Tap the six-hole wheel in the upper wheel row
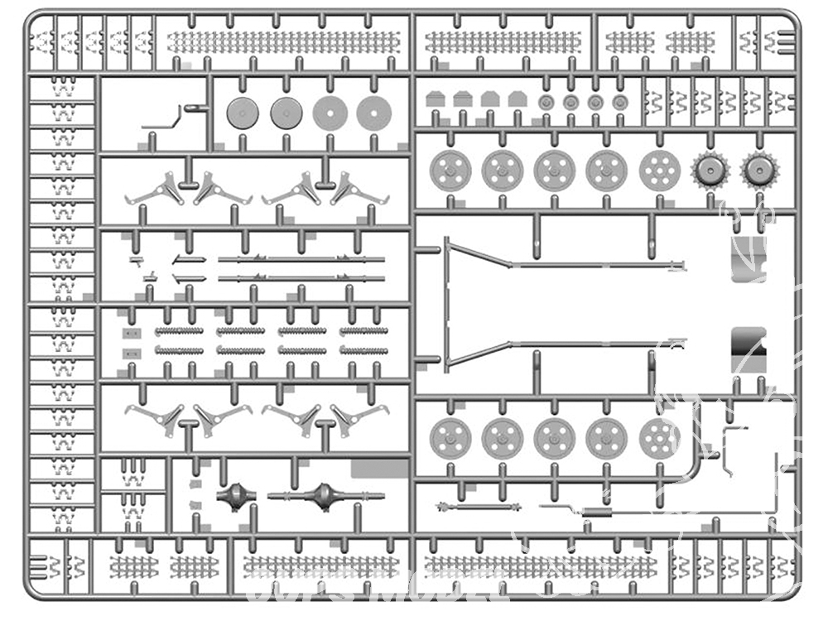point(659,171)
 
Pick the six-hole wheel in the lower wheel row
point(659,438)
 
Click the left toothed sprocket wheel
point(710,171)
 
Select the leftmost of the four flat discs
point(243,113)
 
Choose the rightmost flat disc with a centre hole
point(373,113)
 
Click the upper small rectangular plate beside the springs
point(130,333)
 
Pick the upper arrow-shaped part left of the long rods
point(189,260)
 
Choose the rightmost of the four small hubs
point(620,102)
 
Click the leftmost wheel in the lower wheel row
point(451,438)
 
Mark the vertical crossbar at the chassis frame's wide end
point(448,303)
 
